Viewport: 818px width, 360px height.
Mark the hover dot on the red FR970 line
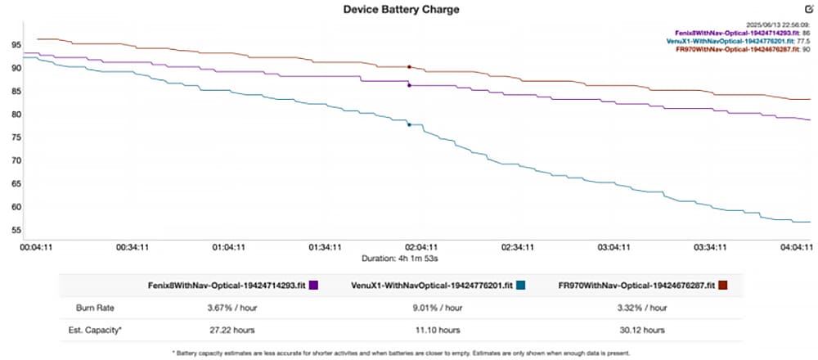point(409,67)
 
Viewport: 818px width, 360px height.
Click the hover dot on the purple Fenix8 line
point(409,85)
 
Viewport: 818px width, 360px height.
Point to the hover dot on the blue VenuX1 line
point(409,124)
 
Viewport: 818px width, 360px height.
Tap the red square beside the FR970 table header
point(722,286)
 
